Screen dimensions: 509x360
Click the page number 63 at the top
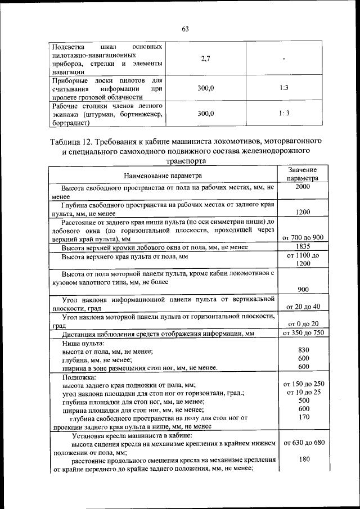pyautogui.click(x=185, y=29)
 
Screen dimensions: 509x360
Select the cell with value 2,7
pyautogui.click(x=205, y=60)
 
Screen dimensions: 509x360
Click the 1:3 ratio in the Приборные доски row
pyautogui.click(x=284, y=88)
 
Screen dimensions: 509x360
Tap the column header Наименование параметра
pyautogui.click(x=163, y=176)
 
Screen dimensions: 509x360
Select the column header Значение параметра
pyautogui.click(x=303, y=173)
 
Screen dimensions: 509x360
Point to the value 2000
pyautogui.click(x=303, y=187)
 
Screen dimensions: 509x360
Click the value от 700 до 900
pyautogui.click(x=303, y=237)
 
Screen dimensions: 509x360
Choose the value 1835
pyautogui.click(x=303, y=247)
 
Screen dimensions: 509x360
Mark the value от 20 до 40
pyautogui.click(x=303, y=307)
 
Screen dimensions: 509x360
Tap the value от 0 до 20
pyautogui.click(x=303, y=324)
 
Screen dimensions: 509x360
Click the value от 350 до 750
pyautogui.click(x=303, y=334)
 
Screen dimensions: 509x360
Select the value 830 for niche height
pyautogui.click(x=303, y=350)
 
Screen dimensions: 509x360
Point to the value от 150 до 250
pyautogui.click(x=303, y=384)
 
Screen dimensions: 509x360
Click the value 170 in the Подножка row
pyautogui.click(x=303, y=417)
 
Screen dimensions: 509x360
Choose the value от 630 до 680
pyautogui.click(x=303, y=443)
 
